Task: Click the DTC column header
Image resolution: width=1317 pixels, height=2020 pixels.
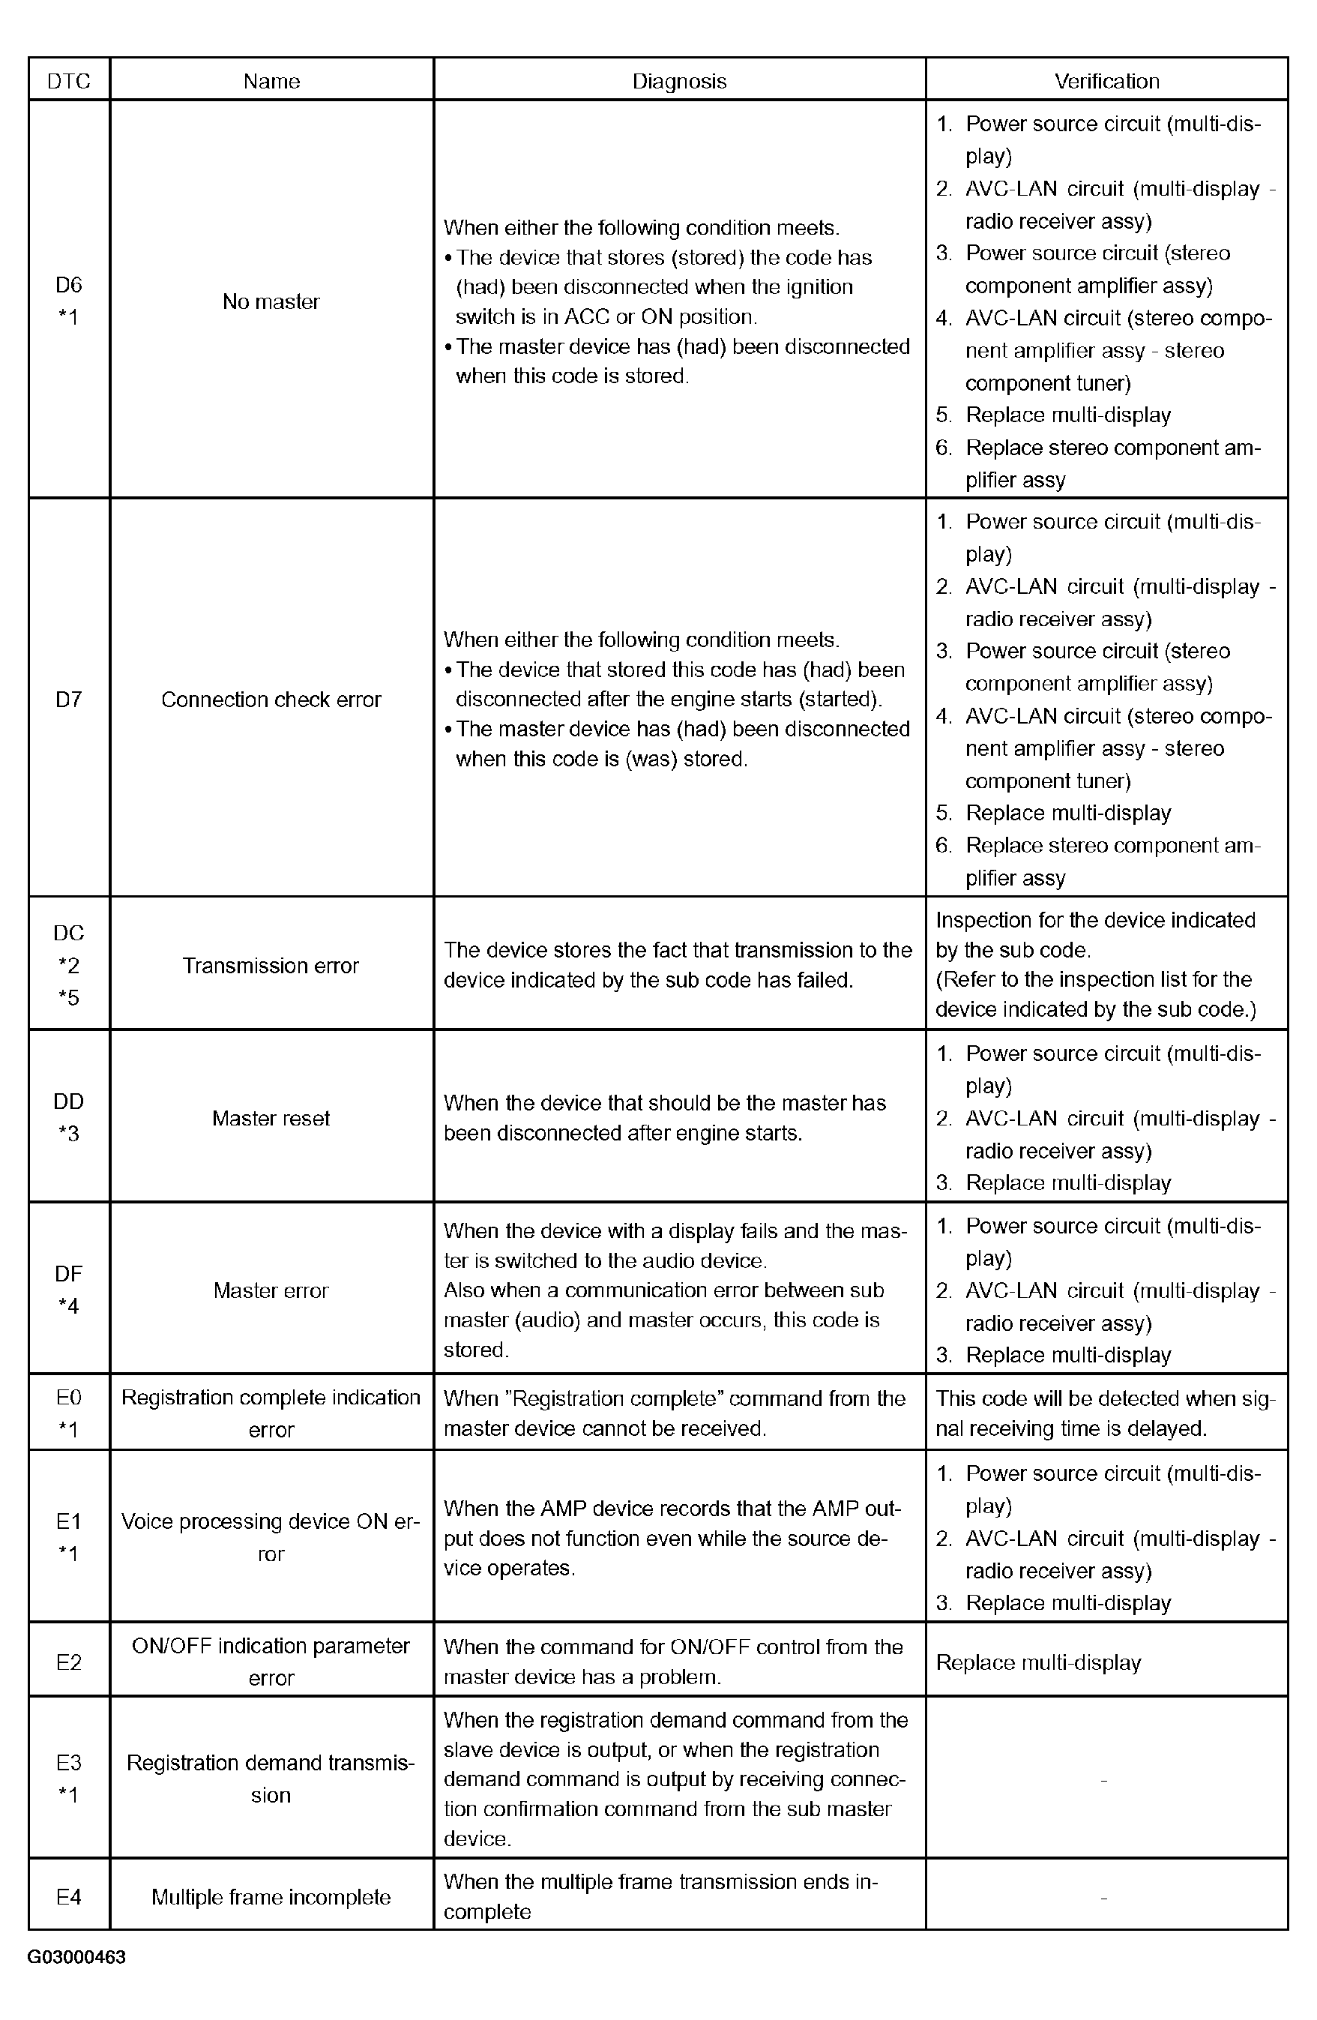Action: click(69, 81)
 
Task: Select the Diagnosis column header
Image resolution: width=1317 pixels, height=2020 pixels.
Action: click(679, 81)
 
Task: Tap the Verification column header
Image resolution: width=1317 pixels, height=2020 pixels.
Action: click(1106, 81)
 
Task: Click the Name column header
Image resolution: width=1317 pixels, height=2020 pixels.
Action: click(271, 81)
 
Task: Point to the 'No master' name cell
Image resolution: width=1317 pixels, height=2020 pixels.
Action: click(271, 301)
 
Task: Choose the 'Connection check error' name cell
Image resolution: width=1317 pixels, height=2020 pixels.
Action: click(271, 700)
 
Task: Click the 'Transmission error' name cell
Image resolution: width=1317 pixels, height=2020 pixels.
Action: click(271, 965)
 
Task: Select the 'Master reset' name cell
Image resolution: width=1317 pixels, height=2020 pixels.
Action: click(271, 1118)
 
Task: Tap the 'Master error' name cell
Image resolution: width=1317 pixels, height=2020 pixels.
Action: click(271, 1290)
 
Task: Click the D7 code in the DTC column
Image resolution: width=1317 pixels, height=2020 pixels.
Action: click(69, 700)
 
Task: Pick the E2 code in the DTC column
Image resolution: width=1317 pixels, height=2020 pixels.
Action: click(69, 1662)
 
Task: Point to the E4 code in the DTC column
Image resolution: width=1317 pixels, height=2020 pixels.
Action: click(69, 1897)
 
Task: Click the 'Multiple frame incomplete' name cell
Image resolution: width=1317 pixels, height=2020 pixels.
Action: click(271, 1897)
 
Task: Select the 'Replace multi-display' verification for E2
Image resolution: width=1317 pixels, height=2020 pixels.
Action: click(1039, 1662)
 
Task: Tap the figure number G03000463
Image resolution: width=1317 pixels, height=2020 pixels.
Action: click(76, 1957)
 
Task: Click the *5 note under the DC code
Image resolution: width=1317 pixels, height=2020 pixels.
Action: click(69, 997)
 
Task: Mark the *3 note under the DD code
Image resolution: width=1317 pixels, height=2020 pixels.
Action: click(69, 1134)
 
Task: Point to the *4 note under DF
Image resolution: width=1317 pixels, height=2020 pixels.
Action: click(69, 1306)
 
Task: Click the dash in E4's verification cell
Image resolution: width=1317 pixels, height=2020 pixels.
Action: click(1103, 1897)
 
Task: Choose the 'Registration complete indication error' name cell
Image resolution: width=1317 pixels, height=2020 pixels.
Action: click(271, 1413)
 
